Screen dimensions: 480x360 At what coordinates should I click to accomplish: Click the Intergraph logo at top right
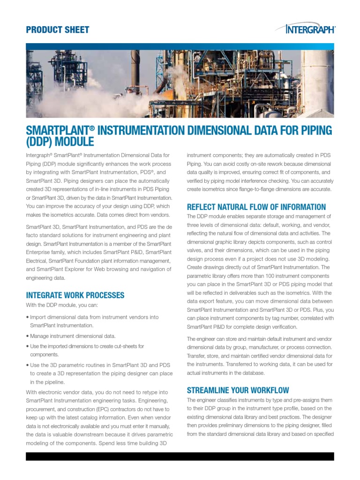[x=311, y=30]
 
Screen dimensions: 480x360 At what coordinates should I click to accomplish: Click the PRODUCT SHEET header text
[x=57, y=30]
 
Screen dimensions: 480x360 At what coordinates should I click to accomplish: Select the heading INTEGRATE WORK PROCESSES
[x=75, y=295]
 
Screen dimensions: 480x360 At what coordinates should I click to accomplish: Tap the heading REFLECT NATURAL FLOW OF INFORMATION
[x=256, y=207]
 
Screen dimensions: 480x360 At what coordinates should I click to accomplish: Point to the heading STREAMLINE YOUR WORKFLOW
[x=238, y=390]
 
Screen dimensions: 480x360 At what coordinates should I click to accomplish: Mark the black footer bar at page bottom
[x=180, y=457]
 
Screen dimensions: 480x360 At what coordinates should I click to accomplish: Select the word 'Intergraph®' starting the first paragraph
[x=39, y=155]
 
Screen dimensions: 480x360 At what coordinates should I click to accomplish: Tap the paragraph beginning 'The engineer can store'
[x=260, y=355]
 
